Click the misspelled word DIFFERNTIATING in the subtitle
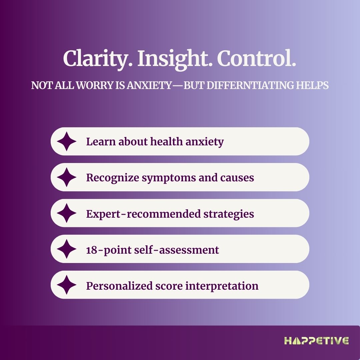click(x=250, y=85)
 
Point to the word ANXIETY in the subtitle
click(x=149, y=85)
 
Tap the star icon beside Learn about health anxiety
click(x=67, y=141)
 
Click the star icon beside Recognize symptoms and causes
click(x=67, y=177)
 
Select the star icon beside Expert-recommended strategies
click(x=67, y=213)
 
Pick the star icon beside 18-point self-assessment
click(x=67, y=249)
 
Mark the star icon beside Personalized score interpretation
click(x=67, y=285)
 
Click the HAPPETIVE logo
click(x=316, y=341)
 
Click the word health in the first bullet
click(x=166, y=141)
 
